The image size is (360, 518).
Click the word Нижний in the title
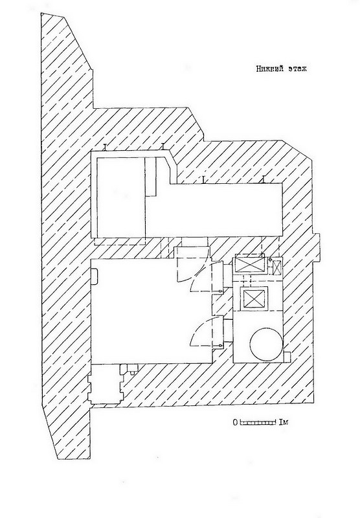tap(266, 69)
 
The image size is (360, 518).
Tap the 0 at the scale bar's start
tap(235, 422)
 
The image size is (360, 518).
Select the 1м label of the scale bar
tap(284, 422)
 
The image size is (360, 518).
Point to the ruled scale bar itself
tap(258, 422)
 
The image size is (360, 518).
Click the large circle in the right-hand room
tap(266, 344)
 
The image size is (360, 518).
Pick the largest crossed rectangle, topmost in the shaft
tap(251, 265)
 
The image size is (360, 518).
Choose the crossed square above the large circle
tap(254, 298)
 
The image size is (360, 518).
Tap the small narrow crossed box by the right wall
tap(276, 267)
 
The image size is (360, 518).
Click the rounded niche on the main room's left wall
tap(94, 276)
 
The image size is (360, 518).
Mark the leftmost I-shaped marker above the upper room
tap(105, 148)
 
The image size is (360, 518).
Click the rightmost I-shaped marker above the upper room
tap(264, 179)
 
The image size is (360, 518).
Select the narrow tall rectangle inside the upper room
tap(151, 177)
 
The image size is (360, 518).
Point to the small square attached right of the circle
tap(287, 357)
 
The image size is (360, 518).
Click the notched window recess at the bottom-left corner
tap(105, 384)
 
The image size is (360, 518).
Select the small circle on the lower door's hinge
tap(220, 346)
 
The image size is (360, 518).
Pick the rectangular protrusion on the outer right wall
tap(317, 248)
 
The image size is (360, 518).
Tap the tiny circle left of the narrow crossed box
tap(270, 260)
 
